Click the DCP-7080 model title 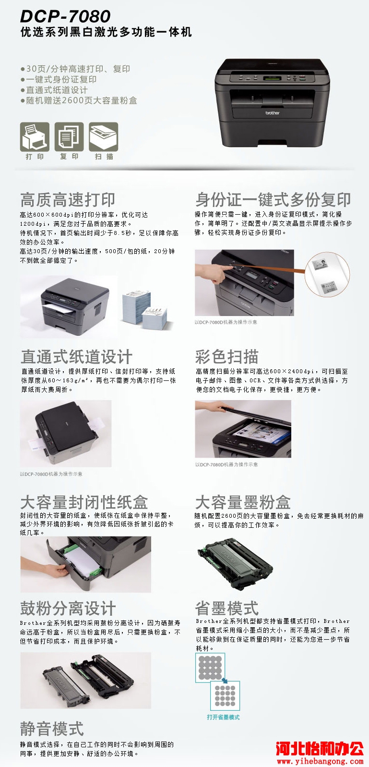[x=65, y=16]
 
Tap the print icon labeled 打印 [x=35, y=136]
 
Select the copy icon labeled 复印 [x=69, y=136]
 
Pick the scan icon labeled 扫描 [x=104, y=136]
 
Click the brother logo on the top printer [x=273, y=113]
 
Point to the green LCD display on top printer [x=272, y=78]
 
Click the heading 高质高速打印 [x=68, y=200]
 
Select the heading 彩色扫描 [x=227, y=356]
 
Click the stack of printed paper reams [x=144, y=308]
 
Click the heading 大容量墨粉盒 [x=243, y=502]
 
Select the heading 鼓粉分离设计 [x=68, y=608]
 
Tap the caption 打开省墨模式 [x=223, y=717]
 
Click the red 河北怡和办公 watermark [x=320, y=749]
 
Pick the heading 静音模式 [x=52, y=728]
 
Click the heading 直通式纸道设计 [x=77, y=356]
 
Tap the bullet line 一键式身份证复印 [x=59, y=79]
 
